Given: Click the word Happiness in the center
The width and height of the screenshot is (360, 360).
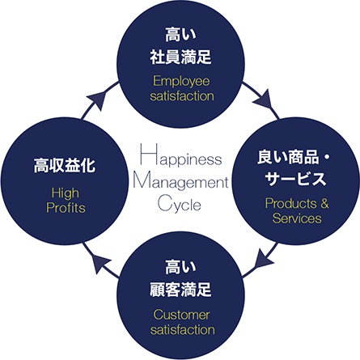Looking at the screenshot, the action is pos(181,155).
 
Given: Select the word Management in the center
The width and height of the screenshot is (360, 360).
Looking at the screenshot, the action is pos(180,182).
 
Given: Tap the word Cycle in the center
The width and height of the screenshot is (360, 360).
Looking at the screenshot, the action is pos(180,204).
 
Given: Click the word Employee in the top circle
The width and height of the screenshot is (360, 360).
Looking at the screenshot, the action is pos(181,81).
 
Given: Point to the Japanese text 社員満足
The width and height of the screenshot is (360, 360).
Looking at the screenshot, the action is pos(180,57).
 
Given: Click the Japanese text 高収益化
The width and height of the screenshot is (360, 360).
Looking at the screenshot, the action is pos(65,165).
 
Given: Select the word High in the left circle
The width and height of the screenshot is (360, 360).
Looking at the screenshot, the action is pos(66,193).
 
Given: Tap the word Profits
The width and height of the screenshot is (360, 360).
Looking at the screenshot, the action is pos(66,208).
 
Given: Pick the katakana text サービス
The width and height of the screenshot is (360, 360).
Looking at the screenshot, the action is pos(296,179).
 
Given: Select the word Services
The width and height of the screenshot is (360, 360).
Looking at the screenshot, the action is pos(297,218).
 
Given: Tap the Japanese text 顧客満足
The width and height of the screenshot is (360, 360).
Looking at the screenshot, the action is pos(180,290).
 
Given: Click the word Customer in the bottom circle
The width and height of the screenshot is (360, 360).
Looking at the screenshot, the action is pos(181,315).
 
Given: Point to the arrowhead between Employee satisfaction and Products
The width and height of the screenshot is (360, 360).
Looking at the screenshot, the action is pos(264,100).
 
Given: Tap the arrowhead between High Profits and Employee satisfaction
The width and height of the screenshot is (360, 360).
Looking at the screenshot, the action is pos(98,100).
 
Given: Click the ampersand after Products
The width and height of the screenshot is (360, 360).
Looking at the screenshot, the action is pos(324,203).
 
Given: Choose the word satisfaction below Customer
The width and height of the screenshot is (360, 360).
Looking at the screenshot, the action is pos(183,330).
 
